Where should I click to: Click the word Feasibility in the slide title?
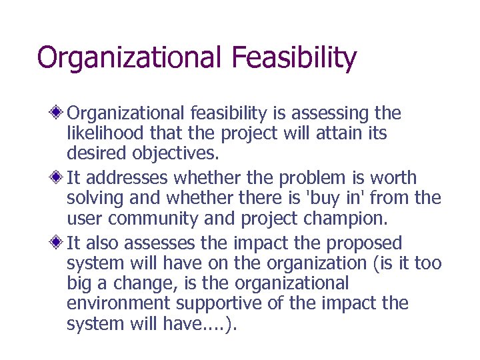pos(295,58)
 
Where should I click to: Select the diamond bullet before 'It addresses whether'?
pos(59,177)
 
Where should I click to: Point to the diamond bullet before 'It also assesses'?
pos(59,243)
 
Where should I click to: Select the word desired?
pos(95,155)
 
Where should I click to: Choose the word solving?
pos(94,199)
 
